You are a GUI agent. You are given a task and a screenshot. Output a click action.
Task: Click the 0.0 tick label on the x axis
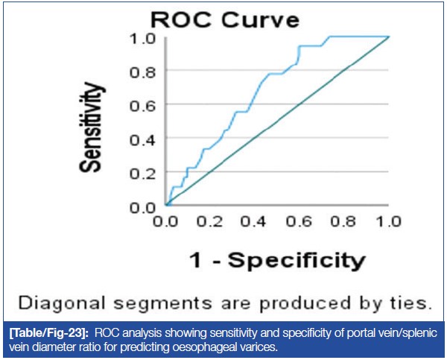[167, 221]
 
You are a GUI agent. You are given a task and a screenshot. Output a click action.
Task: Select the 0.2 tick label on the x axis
[211, 221]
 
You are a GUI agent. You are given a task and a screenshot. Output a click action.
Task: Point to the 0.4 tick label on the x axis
[256, 221]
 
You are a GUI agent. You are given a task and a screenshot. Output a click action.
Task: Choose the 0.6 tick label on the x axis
[299, 221]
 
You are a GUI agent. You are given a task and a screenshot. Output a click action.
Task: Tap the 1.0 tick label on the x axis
[387, 221]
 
